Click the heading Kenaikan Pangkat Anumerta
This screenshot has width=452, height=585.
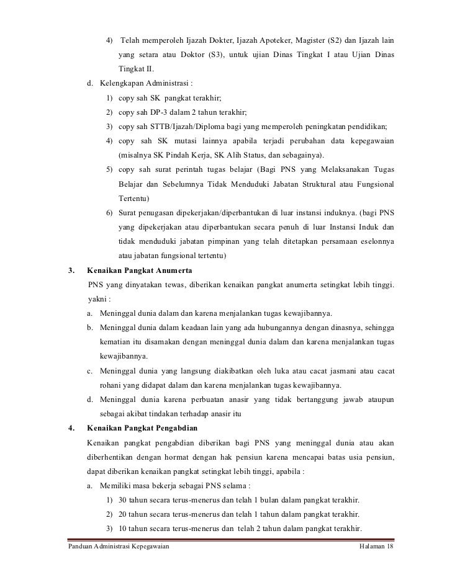click(x=140, y=270)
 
